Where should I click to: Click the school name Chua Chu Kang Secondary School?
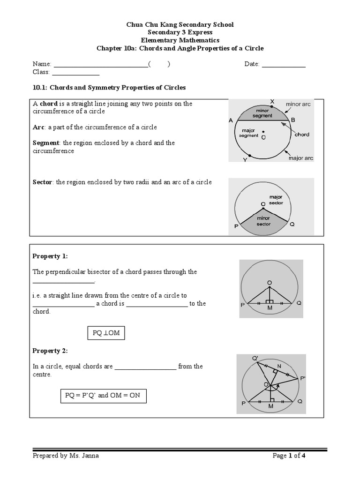[180, 24]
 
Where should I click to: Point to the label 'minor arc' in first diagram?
[298, 104]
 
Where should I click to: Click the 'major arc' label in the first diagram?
[300, 158]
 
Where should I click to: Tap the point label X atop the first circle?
[272, 101]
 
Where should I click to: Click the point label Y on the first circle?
[244, 160]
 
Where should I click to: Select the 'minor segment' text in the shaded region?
[262, 113]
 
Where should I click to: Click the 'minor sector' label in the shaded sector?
[263, 221]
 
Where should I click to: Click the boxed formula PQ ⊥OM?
[106, 333]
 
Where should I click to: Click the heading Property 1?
[50, 256]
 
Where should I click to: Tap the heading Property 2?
[50, 351]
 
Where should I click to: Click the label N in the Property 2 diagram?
[279, 367]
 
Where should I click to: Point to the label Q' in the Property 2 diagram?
[255, 359]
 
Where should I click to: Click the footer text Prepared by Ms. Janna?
[66, 456]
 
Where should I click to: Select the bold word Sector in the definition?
[43, 182]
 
